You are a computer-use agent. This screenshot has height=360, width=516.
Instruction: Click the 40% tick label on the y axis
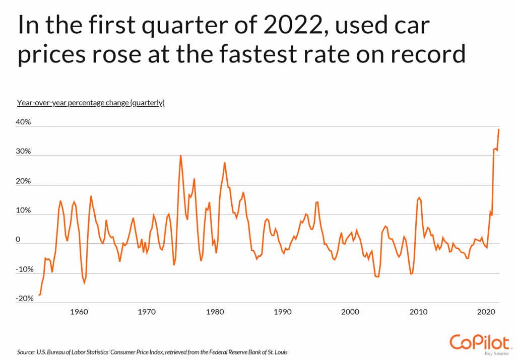24,123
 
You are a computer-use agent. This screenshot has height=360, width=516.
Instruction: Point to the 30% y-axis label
24,152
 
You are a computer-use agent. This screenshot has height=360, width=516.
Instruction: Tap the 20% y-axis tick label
24,181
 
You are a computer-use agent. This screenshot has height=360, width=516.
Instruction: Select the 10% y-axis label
24,210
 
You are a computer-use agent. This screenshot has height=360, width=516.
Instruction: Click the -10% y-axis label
23,269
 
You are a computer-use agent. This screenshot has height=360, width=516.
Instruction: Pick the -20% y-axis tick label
23,299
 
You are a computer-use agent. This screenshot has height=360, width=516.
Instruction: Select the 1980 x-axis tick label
215,312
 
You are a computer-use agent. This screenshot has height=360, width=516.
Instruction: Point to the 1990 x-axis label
283,312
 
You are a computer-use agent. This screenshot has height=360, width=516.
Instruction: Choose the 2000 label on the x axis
351,312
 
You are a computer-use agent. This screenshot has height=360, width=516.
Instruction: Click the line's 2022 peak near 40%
499,129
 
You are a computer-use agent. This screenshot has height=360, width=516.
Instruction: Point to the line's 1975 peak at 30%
180,156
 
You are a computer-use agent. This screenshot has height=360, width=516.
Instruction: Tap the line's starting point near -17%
39,295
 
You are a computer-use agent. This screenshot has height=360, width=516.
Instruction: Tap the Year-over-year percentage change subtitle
91,103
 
